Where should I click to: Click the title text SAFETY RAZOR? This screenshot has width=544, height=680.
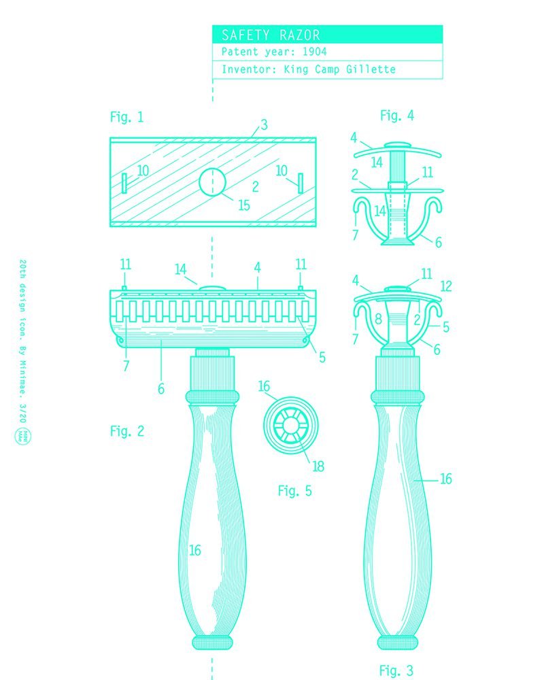point(270,35)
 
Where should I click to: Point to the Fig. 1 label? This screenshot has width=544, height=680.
point(126,117)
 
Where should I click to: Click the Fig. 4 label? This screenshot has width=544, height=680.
point(396,116)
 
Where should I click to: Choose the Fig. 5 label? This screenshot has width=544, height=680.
point(294,490)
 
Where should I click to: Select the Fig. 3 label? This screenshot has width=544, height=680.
point(396,670)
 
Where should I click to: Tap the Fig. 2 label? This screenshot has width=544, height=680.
point(127,430)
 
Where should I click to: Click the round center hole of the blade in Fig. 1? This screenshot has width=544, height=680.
point(213,182)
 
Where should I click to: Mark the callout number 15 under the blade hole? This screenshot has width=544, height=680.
point(243,205)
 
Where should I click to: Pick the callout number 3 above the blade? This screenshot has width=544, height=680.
point(264,126)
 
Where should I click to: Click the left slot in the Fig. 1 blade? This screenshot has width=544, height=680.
point(124,182)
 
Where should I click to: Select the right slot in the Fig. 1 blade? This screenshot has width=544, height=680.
point(299,183)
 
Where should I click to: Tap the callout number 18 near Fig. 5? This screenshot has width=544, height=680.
point(318,466)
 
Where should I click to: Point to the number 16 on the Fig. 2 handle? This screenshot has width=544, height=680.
point(195,550)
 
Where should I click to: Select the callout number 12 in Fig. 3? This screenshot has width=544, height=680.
point(445,286)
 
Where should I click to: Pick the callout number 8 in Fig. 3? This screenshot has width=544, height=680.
point(379,320)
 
